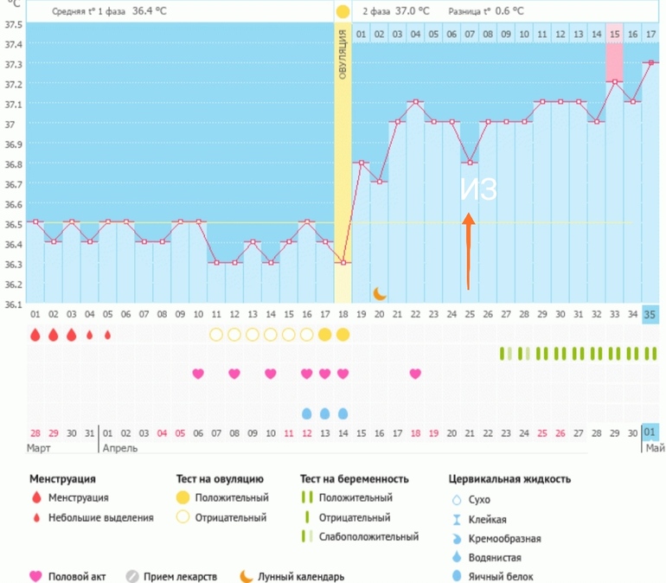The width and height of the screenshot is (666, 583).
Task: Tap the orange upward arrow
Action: click(x=468, y=251)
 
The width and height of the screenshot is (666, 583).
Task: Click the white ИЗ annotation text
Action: click(x=478, y=190)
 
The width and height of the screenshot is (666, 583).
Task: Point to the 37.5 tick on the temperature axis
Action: click(x=13, y=24)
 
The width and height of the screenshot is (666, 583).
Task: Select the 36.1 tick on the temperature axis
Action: click(x=13, y=304)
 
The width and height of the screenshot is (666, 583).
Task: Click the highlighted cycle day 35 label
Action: click(x=650, y=314)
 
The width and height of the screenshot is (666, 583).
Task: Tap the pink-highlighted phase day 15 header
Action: click(x=614, y=34)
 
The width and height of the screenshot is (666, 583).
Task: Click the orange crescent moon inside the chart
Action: click(x=379, y=293)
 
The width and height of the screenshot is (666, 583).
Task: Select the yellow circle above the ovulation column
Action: click(x=343, y=12)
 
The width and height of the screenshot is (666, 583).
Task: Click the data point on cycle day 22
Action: click(x=416, y=102)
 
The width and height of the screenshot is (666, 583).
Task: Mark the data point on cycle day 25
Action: click(x=470, y=162)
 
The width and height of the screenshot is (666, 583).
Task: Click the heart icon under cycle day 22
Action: click(x=415, y=374)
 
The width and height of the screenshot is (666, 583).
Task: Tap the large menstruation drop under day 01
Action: click(x=35, y=335)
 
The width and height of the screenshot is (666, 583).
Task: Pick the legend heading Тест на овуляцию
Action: click(x=219, y=478)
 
